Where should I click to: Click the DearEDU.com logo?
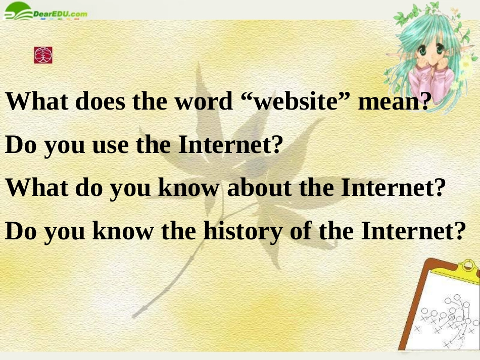click(45, 14)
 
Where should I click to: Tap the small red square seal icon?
click(43, 55)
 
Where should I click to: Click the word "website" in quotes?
click(295, 102)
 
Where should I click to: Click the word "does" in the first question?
click(101, 102)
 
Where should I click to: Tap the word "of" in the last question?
click(300, 231)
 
